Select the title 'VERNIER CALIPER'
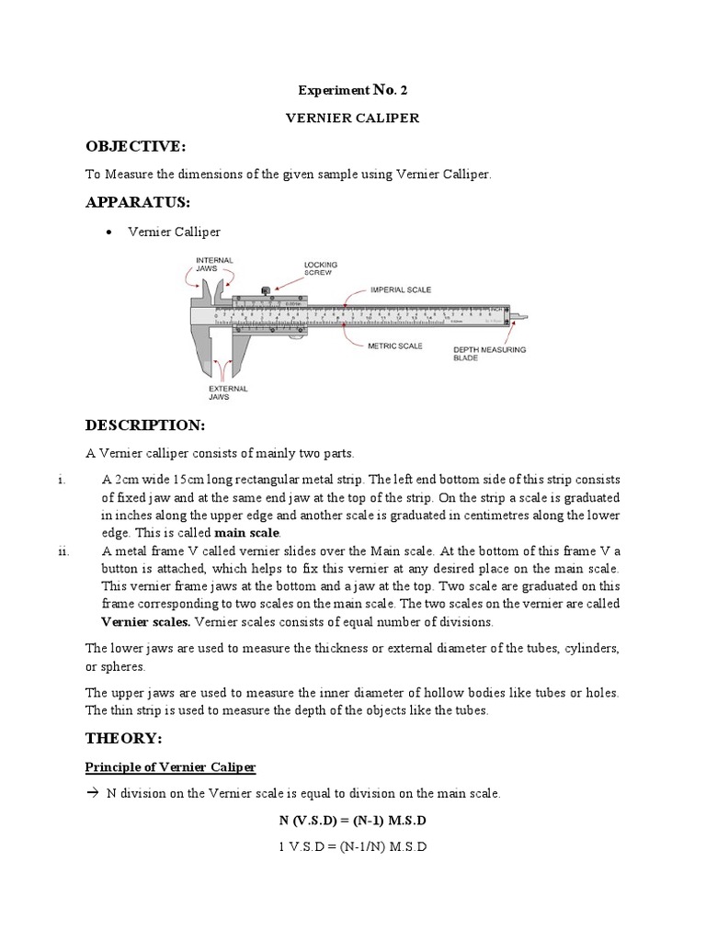pyautogui.click(x=352, y=119)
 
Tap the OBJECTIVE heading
pyautogui.click(x=135, y=147)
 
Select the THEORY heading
pyautogui.click(x=123, y=739)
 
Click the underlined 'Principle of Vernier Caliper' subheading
pyautogui.click(x=170, y=767)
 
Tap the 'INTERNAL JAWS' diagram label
pyautogui.click(x=214, y=266)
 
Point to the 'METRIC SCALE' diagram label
pyautogui.click(x=396, y=346)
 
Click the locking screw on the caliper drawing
pyautogui.click(x=266, y=290)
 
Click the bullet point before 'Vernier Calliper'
pyautogui.click(x=109, y=232)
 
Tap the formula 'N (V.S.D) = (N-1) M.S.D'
pyautogui.click(x=353, y=819)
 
